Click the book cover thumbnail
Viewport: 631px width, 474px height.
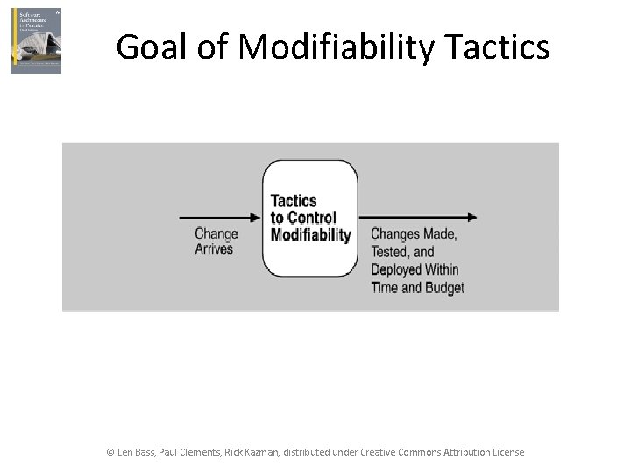[36, 41]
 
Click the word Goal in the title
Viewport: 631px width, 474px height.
[151, 47]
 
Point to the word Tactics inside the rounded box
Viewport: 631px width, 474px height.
[294, 201]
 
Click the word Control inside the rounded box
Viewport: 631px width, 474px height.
[312, 218]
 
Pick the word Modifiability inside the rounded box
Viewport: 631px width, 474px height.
[310, 234]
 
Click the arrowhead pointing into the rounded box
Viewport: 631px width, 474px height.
[257, 217]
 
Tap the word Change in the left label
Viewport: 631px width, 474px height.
[216, 233]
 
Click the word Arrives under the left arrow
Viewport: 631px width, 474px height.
[214, 249]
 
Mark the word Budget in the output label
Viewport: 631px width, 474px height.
[443, 287]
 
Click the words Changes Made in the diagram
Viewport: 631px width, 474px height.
[413, 234]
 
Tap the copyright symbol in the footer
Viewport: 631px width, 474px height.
[110, 452]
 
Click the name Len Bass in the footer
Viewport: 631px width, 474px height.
[138, 452]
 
